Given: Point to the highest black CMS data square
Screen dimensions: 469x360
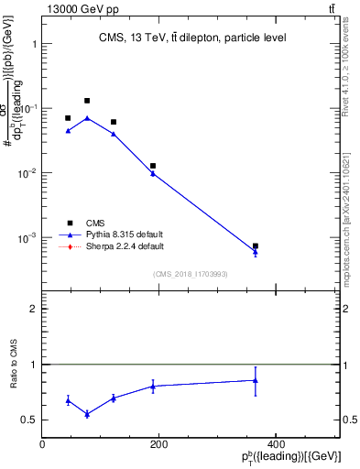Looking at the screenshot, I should click(87, 101).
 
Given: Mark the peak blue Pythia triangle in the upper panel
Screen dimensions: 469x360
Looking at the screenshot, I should click(87, 118).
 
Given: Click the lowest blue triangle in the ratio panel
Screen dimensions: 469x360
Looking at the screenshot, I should click(87, 414).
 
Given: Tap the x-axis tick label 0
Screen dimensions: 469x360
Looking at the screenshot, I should click(42, 444).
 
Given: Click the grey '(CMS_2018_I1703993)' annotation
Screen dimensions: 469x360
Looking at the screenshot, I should click(191, 274).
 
